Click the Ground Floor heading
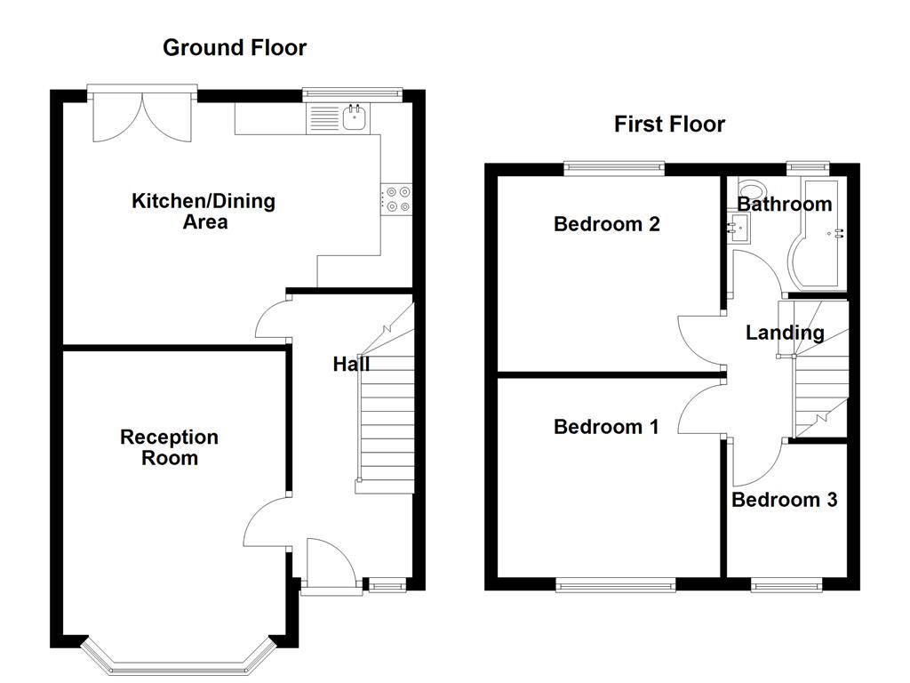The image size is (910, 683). pos(234,48)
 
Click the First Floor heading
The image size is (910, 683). pos(669,125)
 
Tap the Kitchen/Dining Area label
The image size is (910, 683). pos(204,211)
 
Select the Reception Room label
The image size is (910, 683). pos(170,447)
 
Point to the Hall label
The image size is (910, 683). pos(350,364)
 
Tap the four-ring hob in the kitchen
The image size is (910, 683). pos(398,198)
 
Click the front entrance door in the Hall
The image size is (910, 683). pos(329,562)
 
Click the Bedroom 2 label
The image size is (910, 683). pos(606,224)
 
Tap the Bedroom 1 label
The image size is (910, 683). pos(606,427)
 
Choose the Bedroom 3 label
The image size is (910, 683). pos(784,500)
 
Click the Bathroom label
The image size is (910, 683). pos(786,205)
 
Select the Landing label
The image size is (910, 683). pos(784,333)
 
